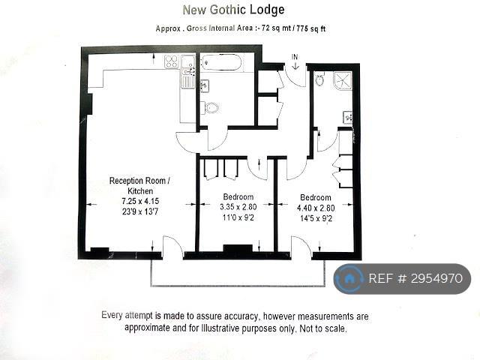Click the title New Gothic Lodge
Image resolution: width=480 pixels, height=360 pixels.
[x=233, y=10]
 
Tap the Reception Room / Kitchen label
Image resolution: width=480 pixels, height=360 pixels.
[x=140, y=186]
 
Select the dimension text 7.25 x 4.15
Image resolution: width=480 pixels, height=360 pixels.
[x=140, y=202]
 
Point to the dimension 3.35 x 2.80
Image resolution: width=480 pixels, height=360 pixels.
[x=238, y=207]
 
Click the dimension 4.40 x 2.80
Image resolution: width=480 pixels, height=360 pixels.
[x=316, y=208]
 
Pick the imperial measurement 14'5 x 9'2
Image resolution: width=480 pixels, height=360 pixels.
[x=315, y=218]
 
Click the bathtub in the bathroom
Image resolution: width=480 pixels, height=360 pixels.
[x=222, y=63]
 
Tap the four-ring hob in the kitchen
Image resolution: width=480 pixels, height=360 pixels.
[x=172, y=61]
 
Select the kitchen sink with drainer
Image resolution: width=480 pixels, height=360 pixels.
[x=188, y=71]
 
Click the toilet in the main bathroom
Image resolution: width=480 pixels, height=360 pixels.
[x=211, y=107]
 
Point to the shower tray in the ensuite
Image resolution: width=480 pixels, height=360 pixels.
[x=343, y=81]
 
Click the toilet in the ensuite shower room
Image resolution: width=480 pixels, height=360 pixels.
[x=320, y=80]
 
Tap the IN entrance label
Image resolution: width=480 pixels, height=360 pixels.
[x=295, y=57]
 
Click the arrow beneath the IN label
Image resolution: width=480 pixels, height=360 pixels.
[x=295, y=66]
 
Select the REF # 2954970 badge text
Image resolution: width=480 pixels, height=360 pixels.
[x=415, y=278]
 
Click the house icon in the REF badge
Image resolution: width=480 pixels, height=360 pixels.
[x=349, y=278]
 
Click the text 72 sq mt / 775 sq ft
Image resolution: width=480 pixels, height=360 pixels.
[x=293, y=28]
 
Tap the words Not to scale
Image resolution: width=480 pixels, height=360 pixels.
[x=323, y=328]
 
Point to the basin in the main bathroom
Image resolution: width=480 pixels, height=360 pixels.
[x=205, y=85]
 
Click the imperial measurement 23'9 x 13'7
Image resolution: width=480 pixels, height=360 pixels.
[x=140, y=211]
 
